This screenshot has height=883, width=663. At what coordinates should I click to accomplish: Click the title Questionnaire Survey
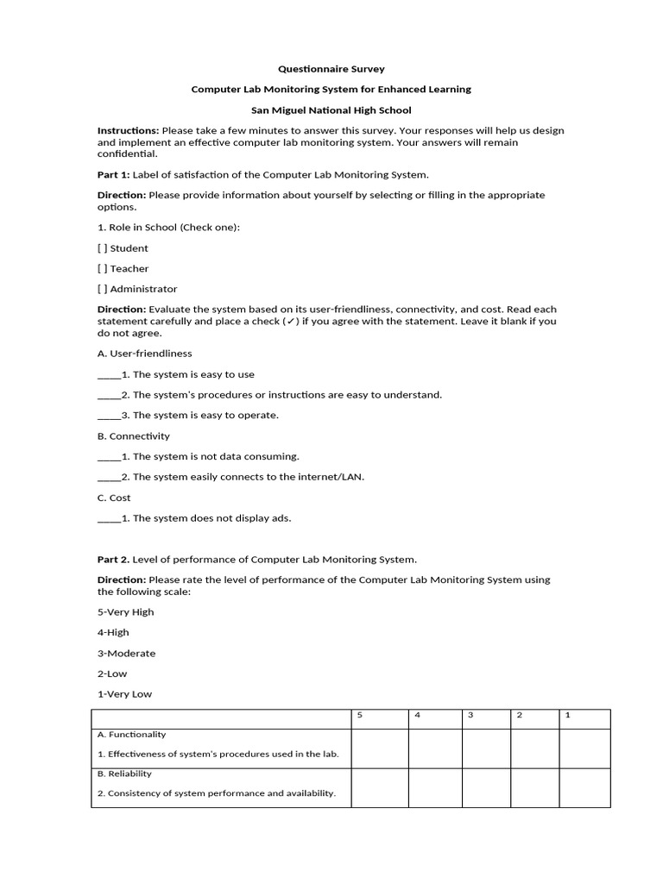tap(331, 68)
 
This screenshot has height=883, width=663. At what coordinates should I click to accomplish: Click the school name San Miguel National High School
tap(331, 110)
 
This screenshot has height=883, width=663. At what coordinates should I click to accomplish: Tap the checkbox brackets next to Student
tap(103, 247)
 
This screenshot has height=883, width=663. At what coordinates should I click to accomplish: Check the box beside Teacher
tap(103, 268)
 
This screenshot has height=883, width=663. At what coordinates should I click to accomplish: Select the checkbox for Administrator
tap(103, 289)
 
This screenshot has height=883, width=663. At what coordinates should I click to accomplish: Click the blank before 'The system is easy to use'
tap(109, 375)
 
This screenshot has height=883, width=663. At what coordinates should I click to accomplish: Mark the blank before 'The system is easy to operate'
tap(109, 416)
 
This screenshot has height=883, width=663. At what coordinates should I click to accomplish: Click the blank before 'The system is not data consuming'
tap(109, 457)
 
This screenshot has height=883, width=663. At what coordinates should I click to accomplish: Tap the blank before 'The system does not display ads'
tap(109, 519)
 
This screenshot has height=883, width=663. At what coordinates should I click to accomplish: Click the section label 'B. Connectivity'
tap(134, 436)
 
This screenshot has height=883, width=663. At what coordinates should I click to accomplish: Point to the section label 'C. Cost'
tap(114, 498)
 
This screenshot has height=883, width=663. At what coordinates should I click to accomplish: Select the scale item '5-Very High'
tap(126, 612)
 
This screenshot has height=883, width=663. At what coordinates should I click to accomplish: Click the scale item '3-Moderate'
tap(126, 654)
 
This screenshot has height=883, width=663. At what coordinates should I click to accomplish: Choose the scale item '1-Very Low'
tap(124, 694)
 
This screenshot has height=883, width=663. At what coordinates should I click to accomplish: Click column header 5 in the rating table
tap(360, 715)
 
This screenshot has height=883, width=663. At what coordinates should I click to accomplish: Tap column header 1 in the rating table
tap(567, 715)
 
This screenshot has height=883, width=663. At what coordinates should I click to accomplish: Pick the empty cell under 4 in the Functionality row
tap(435, 748)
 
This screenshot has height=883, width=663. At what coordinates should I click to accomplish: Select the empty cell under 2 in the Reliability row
tap(534, 788)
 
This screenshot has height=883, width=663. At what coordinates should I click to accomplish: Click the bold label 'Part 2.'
tap(113, 560)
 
